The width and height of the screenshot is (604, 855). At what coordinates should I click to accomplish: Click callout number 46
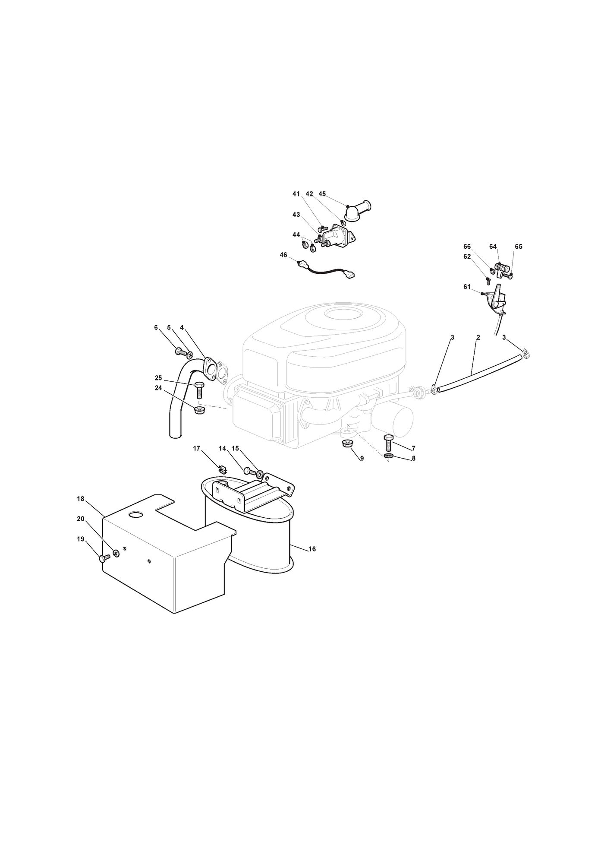coord(283,255)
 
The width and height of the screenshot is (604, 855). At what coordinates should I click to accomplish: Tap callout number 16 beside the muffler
coord(312,549)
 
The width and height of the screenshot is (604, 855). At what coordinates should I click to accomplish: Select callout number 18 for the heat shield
coord(81,499)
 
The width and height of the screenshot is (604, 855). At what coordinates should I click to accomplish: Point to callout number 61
coord(467,287)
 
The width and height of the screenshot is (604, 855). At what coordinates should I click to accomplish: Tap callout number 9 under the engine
coord(362,459)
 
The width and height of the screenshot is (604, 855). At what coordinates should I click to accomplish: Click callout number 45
coord(322,194)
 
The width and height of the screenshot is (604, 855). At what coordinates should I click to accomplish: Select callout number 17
coord(197,449)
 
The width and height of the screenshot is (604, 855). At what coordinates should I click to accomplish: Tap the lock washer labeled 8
coord(389,456)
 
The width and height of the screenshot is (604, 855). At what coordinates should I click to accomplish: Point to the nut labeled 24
coord(199,410)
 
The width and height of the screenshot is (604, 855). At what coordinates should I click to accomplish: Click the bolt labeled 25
coord(199,390)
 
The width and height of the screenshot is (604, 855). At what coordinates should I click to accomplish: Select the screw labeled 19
coord(105,558)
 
